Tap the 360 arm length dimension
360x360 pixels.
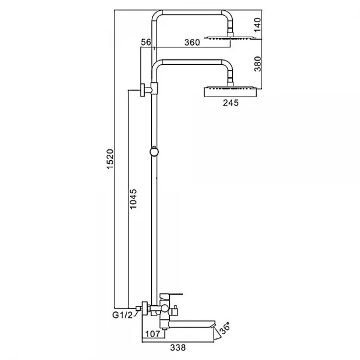click(192, 42)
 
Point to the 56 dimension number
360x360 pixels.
click(146, 42)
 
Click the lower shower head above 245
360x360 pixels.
click(230, 92)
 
